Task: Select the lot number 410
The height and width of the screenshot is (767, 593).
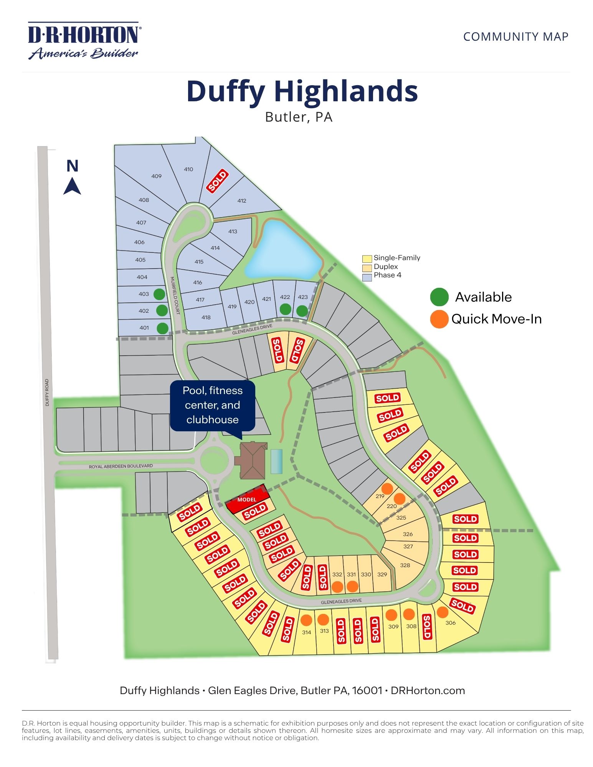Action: point(188,169)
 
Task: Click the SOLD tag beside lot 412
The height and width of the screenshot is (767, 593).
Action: point(218,181)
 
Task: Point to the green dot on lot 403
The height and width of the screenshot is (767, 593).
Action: point(159,294)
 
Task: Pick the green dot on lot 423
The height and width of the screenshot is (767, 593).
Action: point(302,311)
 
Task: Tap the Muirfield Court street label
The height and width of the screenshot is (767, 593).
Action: point(175,295)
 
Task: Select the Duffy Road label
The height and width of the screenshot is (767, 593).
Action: point(47,392)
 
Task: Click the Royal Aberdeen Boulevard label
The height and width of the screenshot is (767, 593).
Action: point(121,466)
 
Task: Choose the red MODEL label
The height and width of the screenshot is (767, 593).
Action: point(246,500)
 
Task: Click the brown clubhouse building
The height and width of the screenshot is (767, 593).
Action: point(253,460)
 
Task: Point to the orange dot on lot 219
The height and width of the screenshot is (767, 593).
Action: point(387,488)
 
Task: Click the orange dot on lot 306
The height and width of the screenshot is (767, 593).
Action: point(442,612)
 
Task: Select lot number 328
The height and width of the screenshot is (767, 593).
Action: point(405,565)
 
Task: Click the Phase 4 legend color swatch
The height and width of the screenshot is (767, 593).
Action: point(367,277)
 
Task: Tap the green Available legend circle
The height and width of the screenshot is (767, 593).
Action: point(439,297)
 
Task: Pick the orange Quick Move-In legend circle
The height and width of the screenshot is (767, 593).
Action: point(439,319)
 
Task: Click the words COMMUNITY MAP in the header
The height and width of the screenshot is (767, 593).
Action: point(515,37)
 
